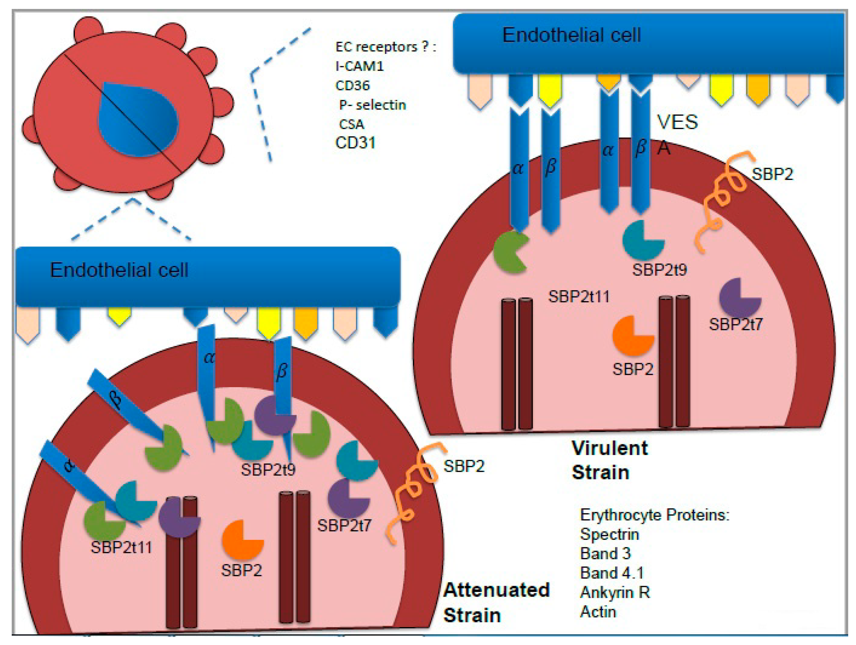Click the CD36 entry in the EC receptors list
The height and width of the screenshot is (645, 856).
point(352,85)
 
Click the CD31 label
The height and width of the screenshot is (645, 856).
point(355,143)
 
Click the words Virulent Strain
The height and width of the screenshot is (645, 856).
point(609,460)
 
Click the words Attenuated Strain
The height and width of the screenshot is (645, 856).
point(496,602)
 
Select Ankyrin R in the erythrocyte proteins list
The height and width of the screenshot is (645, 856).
point(615,592)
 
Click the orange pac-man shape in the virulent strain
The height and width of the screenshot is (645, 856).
point(632,336)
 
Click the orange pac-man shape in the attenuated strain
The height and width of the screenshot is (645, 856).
point(241,540)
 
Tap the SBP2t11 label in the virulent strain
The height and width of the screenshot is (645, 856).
point(579,297)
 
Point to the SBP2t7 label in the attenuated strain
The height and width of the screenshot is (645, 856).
point(344,526)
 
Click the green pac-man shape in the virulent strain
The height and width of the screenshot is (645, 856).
point(510,253)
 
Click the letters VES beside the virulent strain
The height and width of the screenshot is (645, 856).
point(677,122)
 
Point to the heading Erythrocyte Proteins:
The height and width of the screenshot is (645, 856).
point(654,515)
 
